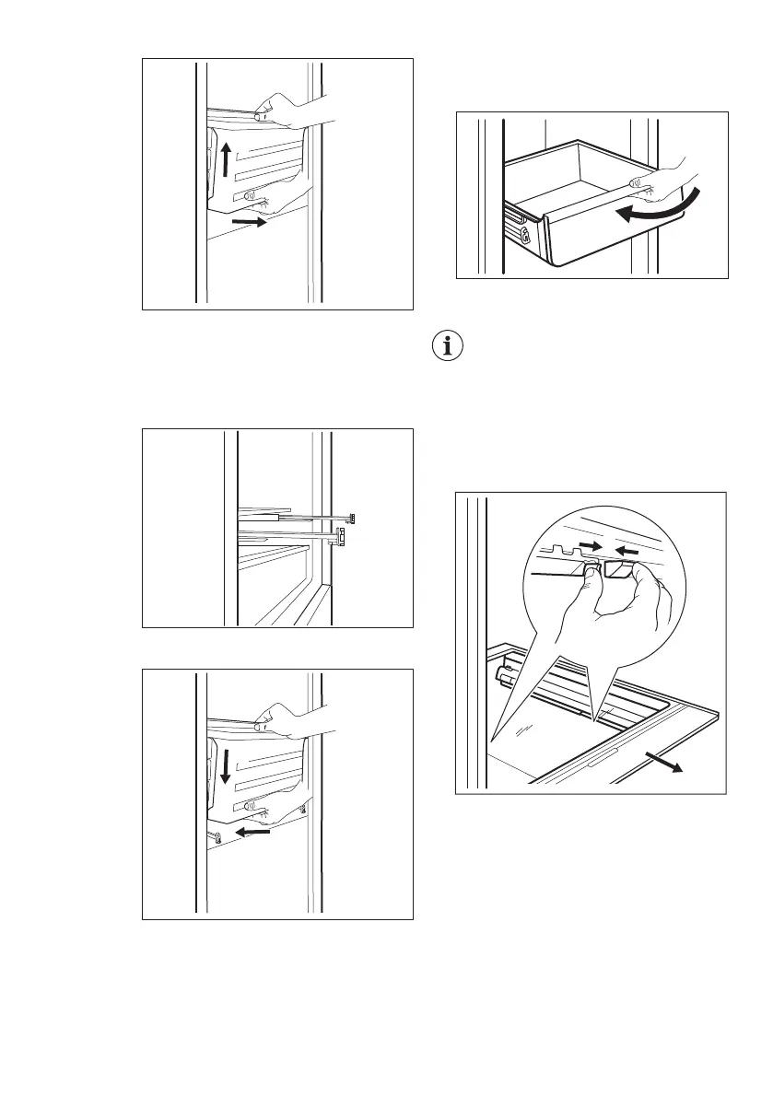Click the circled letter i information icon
pos(448,348)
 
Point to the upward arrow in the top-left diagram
pos(226,159)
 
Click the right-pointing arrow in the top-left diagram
pos(250,222)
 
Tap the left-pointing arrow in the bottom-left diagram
pos(254,833)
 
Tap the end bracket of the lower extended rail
pos(339,537)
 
